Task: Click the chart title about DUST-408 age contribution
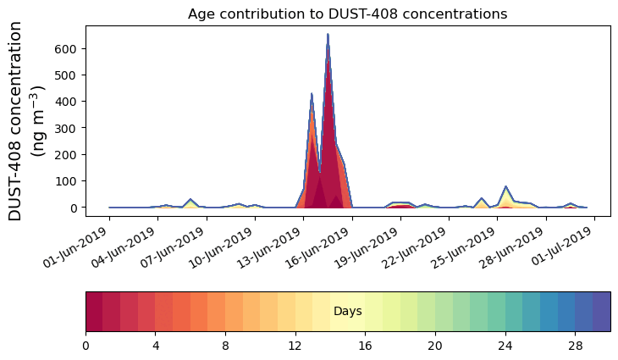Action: (x=347, y=14)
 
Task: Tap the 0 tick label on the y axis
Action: (x=74, y=208)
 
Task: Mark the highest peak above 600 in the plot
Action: (x=328, y=35)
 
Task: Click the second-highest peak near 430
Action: (x=312, y=94)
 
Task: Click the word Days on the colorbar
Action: (x=347, y=312)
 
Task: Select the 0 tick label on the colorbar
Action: (x=86, y=346)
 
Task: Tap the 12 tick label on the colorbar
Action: (x=295, y=346)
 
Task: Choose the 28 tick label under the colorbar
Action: (x=575, y=346)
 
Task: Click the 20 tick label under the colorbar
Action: (x=435, y=346)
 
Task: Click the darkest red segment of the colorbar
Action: (x=94, y=312)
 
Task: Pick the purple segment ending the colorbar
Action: (x=601, y=312)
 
